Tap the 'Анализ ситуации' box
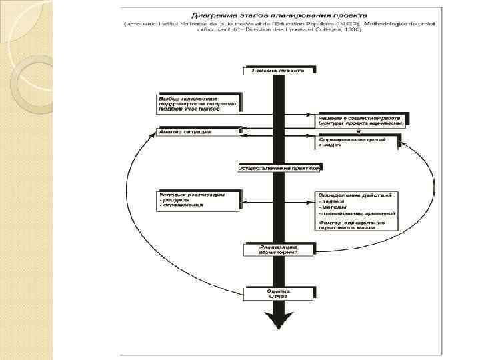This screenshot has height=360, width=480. click(x=197, y=132)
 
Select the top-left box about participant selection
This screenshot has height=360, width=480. click(x=197, y=101)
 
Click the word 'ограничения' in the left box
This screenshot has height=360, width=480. click(x=182, y=205)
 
